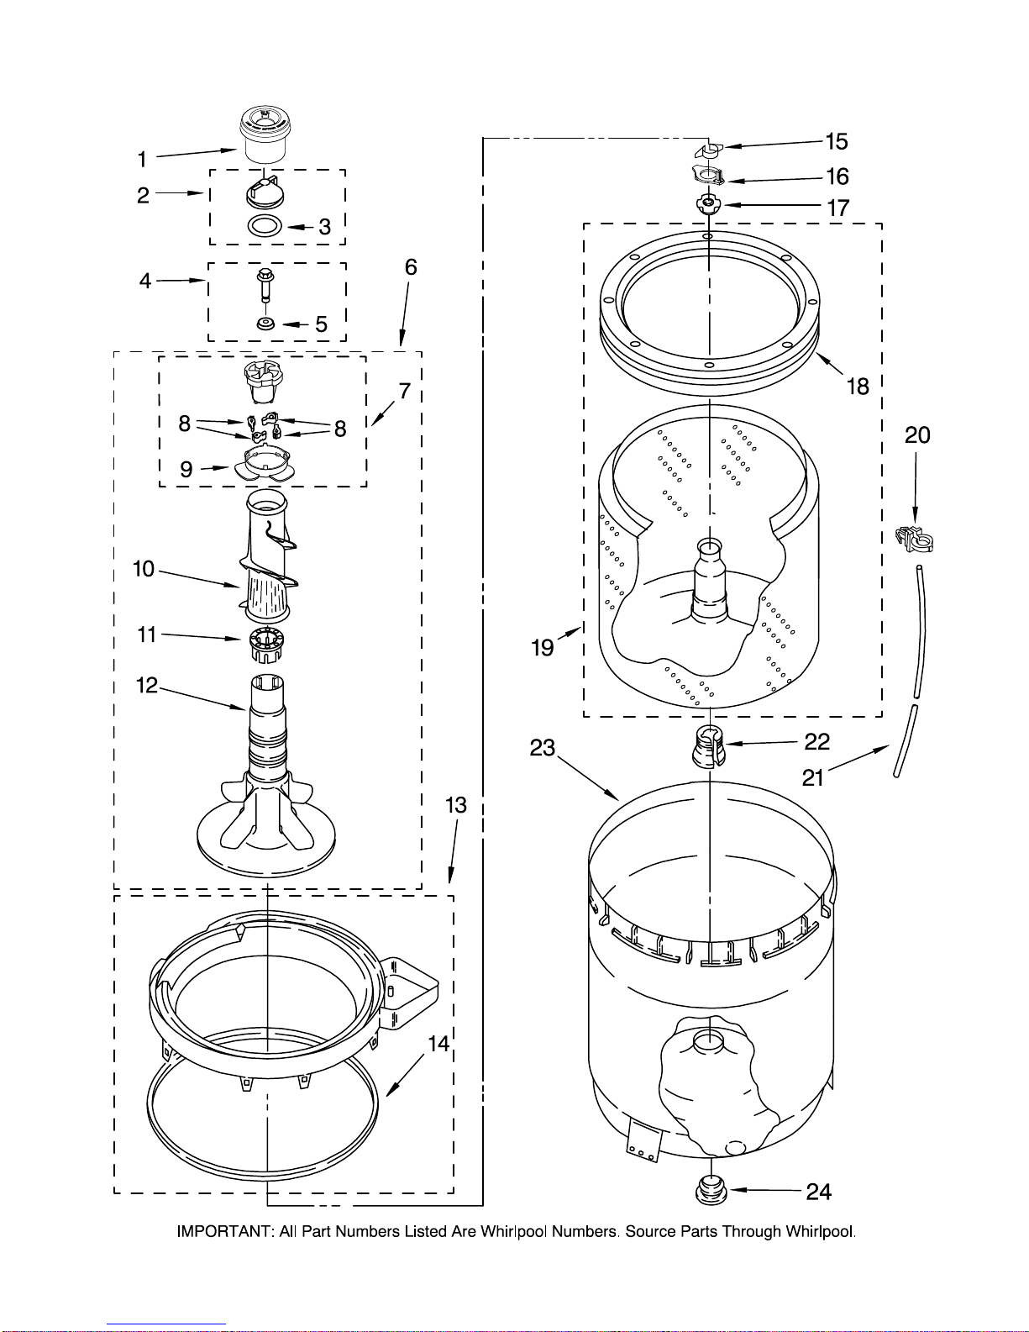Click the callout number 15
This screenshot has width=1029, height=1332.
(x=836, y=141)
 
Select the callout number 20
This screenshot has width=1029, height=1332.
(x=917, y=434)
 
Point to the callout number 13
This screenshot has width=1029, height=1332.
(x=455, y=804)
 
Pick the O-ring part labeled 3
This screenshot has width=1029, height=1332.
(x=265, y=225)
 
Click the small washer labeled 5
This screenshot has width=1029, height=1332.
(x=265, y=323)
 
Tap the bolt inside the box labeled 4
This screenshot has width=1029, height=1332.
(x=265, y=285)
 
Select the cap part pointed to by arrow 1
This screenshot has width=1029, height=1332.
(x=264, y=134)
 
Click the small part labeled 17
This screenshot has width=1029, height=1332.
(x=709, y=204)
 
